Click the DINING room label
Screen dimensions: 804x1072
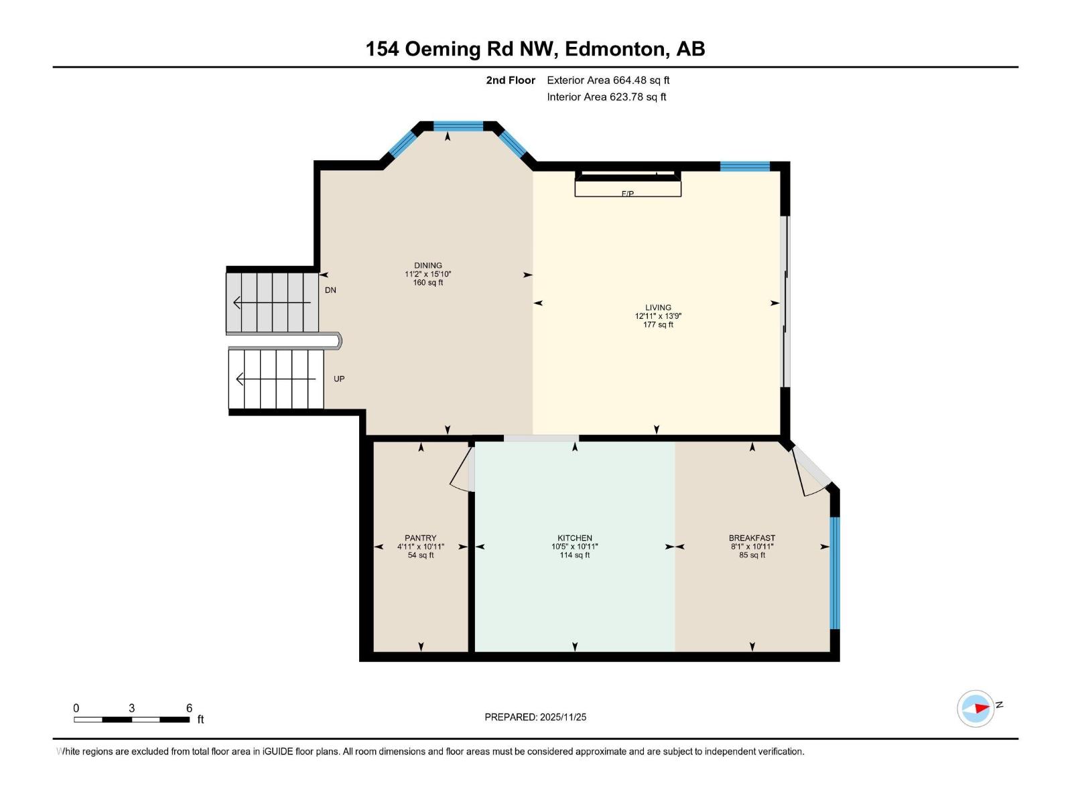point(427,265)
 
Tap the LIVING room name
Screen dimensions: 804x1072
point(658,308)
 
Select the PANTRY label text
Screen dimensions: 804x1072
point(420,538)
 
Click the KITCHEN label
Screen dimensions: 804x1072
point(574,538)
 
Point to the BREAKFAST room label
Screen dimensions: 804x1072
point(752,538)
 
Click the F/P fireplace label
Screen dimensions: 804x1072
point(628,194)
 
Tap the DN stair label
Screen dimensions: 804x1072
point(330,290)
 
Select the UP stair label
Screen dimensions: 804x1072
point(339,379)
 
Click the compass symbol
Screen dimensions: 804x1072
point(976,708)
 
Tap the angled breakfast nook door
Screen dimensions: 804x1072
point(811,472)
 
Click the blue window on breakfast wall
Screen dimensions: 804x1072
point(834,573)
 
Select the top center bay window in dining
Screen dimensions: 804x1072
point(458,126)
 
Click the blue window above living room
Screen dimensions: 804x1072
point(744,166)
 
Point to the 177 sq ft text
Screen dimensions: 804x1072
point(658,325)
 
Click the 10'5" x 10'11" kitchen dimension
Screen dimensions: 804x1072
point(574,547)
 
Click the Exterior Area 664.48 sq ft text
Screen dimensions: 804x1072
point(608,80)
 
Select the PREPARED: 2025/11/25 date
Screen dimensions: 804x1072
point(535,717)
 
